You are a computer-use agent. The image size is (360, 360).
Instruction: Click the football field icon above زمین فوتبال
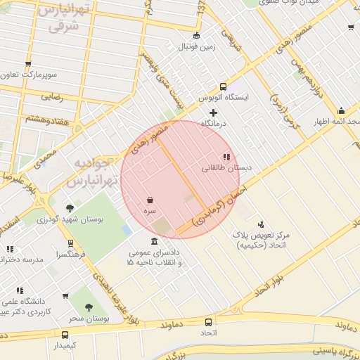coord(196,36)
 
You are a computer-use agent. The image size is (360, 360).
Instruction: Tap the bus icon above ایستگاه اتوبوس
coord(223,86)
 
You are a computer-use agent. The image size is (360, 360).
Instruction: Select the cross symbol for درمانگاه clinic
coord(214,112)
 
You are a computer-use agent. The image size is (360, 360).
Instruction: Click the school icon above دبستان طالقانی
coord(226,157)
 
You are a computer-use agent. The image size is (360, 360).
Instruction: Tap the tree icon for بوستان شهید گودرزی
coord(70,208)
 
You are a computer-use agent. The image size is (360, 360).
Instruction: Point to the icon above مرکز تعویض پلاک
coord(261,224)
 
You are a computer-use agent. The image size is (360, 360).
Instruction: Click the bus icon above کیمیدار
coord(65,335)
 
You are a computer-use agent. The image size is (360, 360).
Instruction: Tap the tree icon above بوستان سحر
coord(89,307)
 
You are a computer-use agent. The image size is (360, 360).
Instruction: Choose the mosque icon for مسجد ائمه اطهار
coord(341,110)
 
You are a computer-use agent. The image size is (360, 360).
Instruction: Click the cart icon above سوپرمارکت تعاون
coord(28,64)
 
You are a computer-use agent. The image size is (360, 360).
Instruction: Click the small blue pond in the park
coord(127,230)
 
